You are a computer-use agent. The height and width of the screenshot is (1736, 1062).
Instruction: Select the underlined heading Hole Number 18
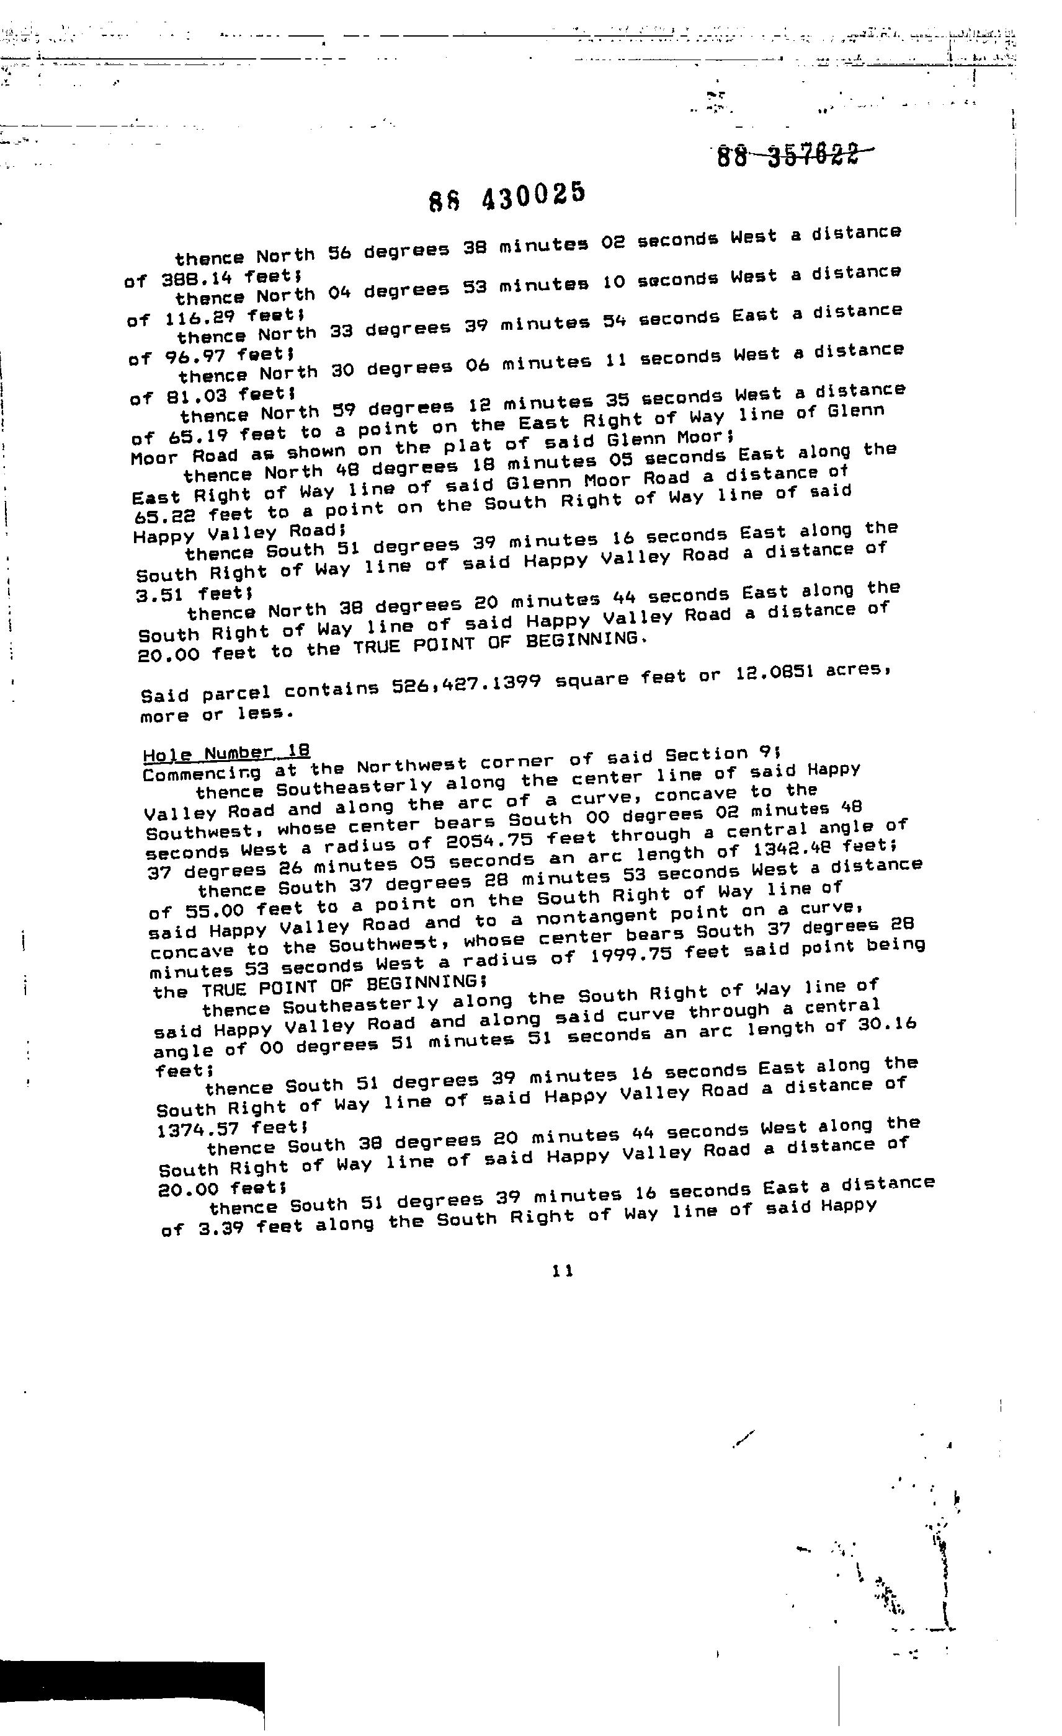point(226,753)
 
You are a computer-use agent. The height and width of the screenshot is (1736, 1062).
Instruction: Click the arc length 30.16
point(891,1024)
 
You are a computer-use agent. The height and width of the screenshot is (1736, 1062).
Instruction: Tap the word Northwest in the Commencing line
point(411,766)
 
